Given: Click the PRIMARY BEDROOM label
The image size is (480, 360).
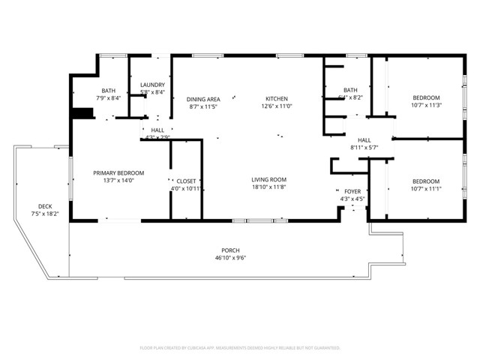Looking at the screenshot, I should point(118,172).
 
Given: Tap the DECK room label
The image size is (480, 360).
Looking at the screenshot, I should point(46,206).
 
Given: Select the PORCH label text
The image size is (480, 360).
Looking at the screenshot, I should point(230,250).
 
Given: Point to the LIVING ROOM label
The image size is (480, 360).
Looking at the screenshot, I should point(268,179).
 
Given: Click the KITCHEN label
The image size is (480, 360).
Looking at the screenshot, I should point(276,99).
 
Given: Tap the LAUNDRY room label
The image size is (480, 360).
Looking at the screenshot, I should point(152,85).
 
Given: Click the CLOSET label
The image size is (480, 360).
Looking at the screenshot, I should point(185,181).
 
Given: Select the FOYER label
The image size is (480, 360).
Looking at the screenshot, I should point(352,191).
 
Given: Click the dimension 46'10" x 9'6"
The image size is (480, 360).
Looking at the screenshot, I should point(230,257).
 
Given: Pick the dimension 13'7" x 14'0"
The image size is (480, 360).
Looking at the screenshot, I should point(118,180).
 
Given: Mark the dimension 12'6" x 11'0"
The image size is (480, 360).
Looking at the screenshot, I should point(276,106).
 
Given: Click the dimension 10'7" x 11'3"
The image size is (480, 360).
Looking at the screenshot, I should point(426,106).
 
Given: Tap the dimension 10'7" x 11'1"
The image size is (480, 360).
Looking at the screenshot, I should point(426,188).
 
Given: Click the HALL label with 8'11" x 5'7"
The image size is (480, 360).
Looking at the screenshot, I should point(364,140).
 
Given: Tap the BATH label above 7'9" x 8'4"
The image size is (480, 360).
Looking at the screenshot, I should point(108,91).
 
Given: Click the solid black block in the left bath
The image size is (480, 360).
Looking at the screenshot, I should point(82,114).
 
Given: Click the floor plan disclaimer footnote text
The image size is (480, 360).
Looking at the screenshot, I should point(240,348).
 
